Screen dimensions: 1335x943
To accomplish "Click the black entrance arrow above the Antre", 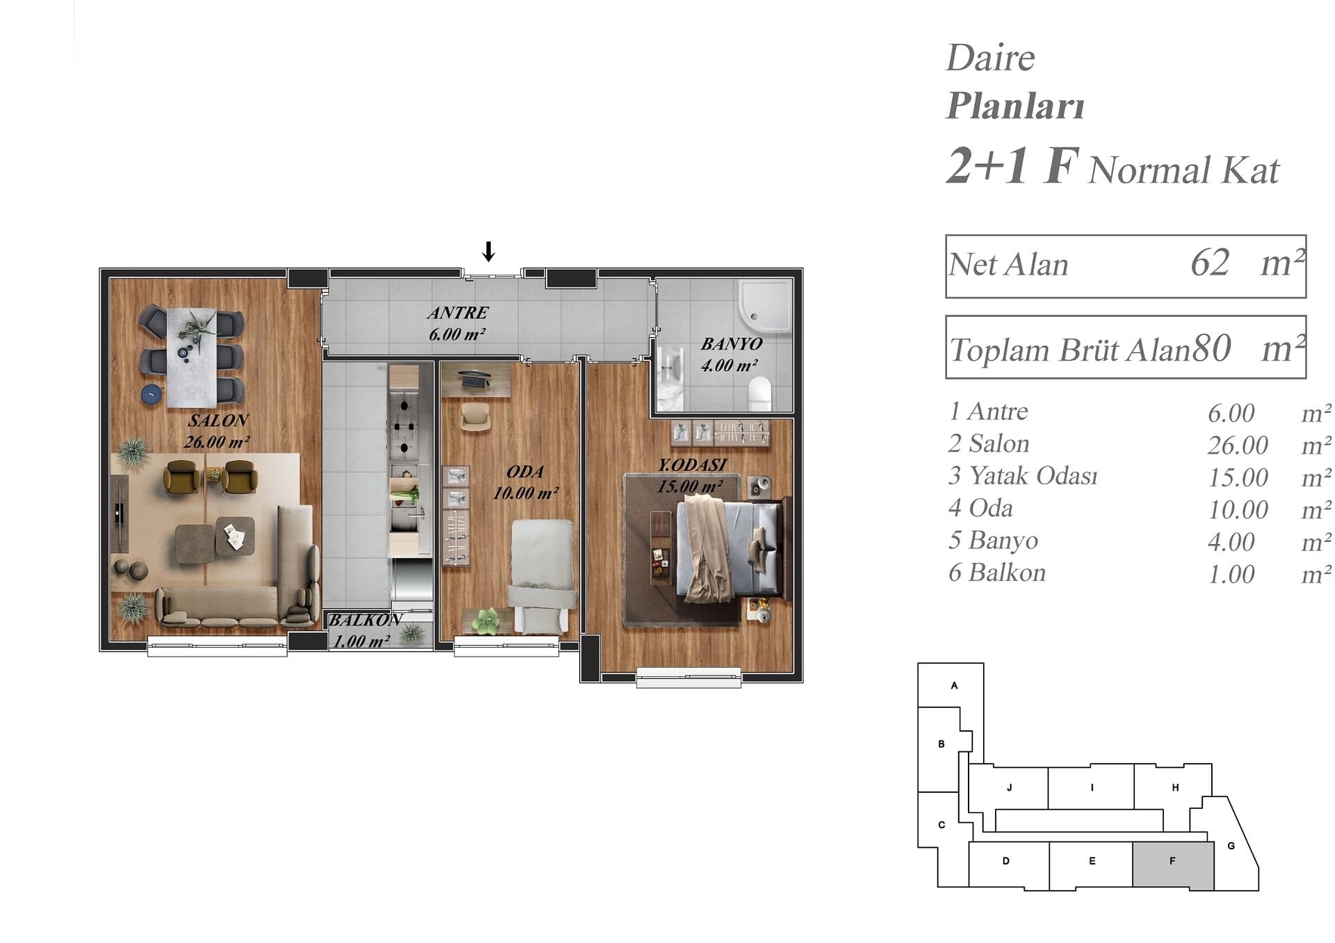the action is click(489, 251).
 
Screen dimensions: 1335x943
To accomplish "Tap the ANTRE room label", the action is click(458, 313).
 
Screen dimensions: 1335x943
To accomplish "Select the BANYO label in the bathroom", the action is click(731, 344).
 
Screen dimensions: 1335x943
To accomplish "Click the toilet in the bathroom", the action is click(760, 393).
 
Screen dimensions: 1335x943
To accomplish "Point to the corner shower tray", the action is click(765, 306).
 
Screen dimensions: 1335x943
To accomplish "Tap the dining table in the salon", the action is click(191, 357).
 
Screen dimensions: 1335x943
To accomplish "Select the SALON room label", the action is click(218, 420).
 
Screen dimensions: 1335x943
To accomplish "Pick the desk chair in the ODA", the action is click(476, 417).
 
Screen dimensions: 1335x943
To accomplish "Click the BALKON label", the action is click(365, 620).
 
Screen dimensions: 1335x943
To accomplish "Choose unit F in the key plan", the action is click(1173, 865).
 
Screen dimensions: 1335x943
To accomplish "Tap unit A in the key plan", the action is click(950, 685).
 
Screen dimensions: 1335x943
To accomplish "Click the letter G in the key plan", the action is click(1231, 846).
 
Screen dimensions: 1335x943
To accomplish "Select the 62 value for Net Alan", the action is click(1210, 263).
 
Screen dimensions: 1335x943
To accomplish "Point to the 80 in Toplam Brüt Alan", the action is click(1212, 348).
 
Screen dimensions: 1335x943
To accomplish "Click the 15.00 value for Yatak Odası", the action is click(1238, 477).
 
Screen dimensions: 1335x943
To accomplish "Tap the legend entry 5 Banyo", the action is click(993, 540).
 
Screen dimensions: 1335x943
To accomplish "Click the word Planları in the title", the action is click(1015, 106).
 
